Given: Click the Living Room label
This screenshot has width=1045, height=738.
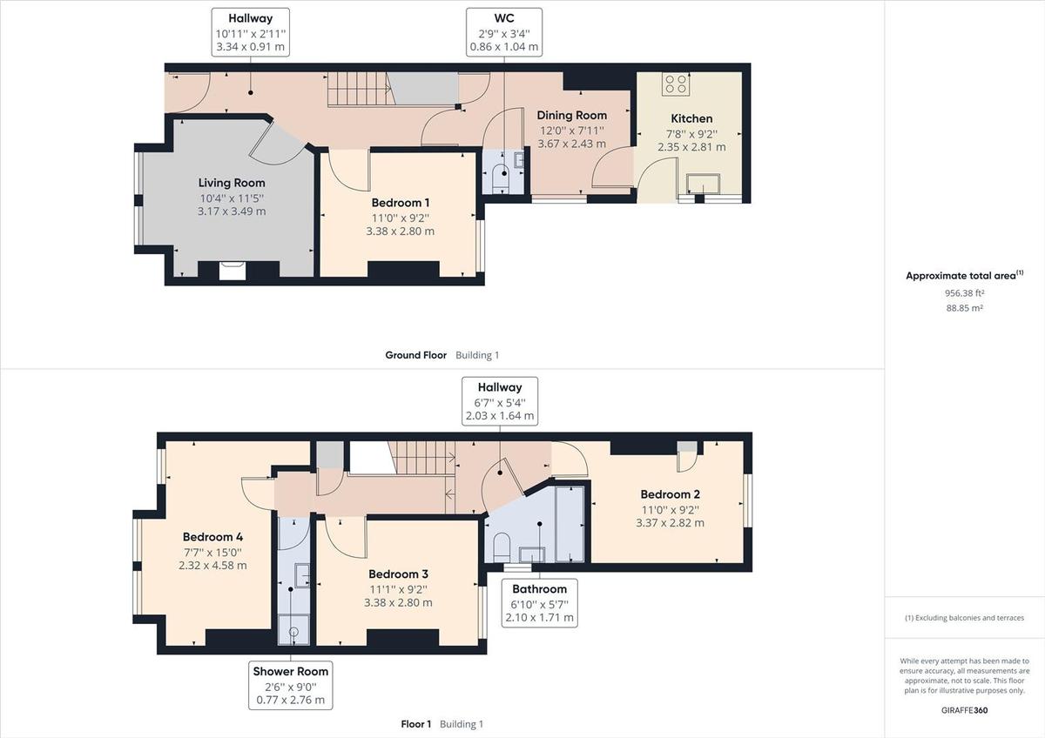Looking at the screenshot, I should pos(232,183).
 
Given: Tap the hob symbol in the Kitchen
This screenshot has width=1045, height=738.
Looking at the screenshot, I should pos(676,84).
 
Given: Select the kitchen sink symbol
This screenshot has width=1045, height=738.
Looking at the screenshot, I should pos(704,184).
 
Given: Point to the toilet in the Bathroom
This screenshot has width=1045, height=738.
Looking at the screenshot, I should pos(502,547).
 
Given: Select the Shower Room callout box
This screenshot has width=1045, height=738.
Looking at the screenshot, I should pos(291,685).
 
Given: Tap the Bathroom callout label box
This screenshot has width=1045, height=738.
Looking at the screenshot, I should pos(540,603).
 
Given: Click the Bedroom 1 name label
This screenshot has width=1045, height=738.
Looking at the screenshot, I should pos(400,204).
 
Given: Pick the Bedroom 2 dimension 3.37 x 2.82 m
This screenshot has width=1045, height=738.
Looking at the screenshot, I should pos(671,523).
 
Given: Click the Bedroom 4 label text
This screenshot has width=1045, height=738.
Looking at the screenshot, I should pos(212,537).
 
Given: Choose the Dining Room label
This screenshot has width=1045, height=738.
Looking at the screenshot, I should pos(571,116).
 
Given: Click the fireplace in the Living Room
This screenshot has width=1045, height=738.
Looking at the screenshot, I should pos(232,271).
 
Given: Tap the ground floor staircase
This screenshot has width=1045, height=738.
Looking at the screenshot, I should pos(357,89).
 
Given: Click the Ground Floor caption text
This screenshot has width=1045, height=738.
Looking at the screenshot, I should pos(415,355).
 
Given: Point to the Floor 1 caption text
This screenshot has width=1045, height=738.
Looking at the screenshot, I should pos(415,724).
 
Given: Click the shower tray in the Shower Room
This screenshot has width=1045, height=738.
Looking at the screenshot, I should pos(293,629).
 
